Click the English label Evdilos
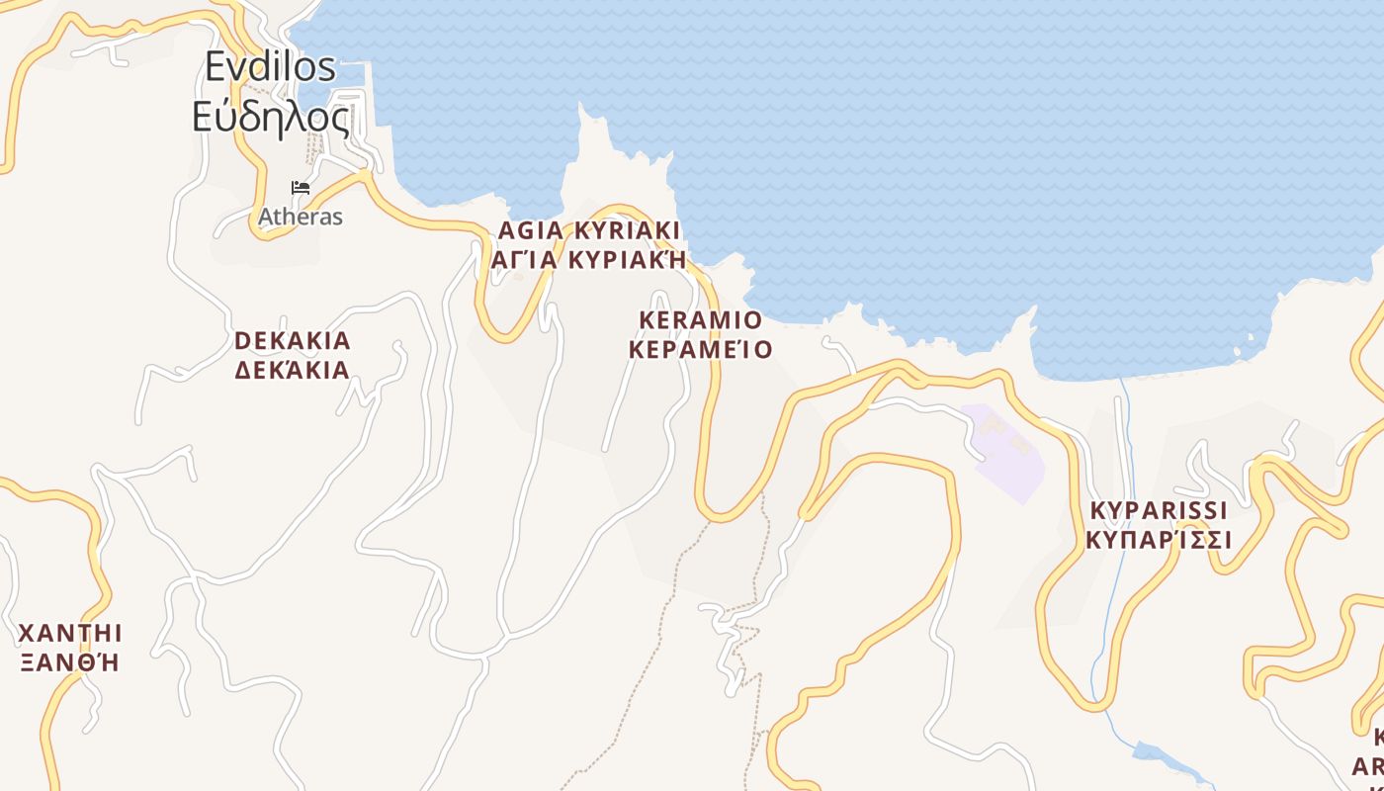point(270,67)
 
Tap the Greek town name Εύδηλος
point(270,118)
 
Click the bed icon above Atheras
point(301,188)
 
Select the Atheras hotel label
point(301,217)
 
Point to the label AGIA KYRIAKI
point(589,231)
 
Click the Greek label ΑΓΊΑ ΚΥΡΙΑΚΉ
point(589,260)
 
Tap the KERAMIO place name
point(701,320)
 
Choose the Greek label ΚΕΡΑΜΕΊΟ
point(701,350)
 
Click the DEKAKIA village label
point(293,341)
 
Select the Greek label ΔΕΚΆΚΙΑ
point(293,371)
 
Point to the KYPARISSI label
point(1159,511)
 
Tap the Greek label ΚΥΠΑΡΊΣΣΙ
point(1159,541)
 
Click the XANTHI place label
point(70,633)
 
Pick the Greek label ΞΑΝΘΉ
point(70,661)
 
